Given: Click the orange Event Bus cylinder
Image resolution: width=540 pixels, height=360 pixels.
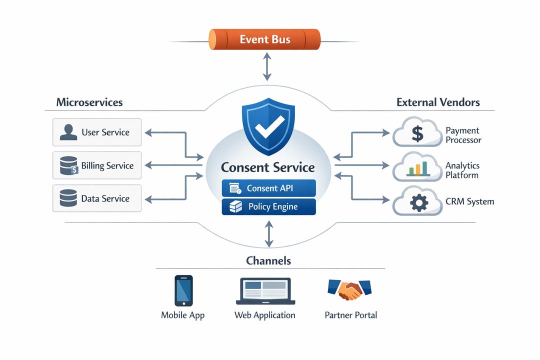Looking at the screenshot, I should pyautogui.click(x=264, y=39).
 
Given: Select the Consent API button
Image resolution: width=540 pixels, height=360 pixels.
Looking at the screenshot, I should pyautogui.click(x=268, y=188).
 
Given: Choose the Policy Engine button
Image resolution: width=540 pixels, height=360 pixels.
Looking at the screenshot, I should pyautogui.click(x=268, y=206).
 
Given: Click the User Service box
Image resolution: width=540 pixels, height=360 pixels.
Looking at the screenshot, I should pyautogui.click(x=97, y=132).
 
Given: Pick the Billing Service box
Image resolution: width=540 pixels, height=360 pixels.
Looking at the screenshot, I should pyautogui.click(x=97, y=165).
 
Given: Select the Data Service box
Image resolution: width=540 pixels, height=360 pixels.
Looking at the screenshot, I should pyautogui.click(x=97, y=198).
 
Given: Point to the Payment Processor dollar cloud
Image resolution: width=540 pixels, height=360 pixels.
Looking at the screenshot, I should pyautogui.click(x=417, y=133).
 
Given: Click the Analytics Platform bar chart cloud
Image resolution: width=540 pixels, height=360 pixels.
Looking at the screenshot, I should pyautogui.click(x=417, y=168).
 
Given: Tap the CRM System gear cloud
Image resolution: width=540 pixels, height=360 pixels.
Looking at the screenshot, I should pyautogui.click(x=418, y=202).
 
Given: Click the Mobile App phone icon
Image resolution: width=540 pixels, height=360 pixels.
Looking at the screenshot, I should pyautogui.click(x=183, y=290).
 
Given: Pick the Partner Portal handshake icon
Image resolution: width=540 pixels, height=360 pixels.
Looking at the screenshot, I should pyautogui.click(x=349, y=289).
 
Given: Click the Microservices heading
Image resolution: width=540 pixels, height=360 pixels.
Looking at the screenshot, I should pyautogui.click(x=89, y=102).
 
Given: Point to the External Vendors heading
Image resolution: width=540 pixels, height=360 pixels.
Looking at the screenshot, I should pyautogui.click(x=438, y=102).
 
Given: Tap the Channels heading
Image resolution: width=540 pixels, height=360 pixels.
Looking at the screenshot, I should pyautogui.click(x=268, y=260).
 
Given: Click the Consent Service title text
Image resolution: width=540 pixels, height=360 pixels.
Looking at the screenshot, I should pyautogui.click(x=268, y=167).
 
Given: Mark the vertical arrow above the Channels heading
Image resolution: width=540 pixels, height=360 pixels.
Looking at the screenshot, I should pyautogui.click(x=269, y=234).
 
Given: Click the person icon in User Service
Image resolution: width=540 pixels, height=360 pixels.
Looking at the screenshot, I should pyautogui.click(x=68, y=132).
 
